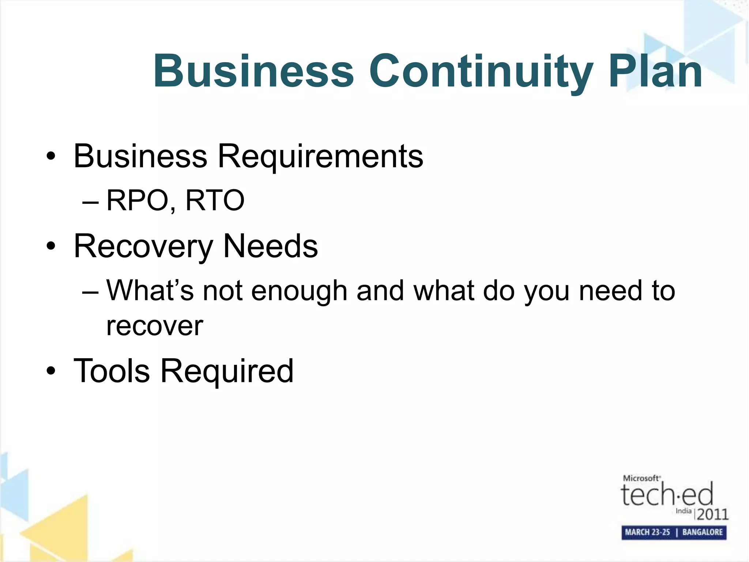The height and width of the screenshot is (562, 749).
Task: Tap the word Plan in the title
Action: coord(655,71)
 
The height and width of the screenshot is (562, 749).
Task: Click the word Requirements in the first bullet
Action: coord(320,157)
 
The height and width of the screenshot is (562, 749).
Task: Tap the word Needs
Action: coord(270,246)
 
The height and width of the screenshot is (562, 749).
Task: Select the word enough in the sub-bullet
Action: coord(299,291)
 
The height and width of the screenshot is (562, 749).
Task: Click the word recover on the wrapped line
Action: coord(154,326)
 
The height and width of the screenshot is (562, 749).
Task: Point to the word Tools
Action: coord(112,371)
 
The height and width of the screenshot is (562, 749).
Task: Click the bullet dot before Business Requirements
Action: coord(51,157)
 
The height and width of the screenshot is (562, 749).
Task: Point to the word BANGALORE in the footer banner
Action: coord(702,532)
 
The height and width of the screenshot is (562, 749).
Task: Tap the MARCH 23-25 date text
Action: coord(647,532)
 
